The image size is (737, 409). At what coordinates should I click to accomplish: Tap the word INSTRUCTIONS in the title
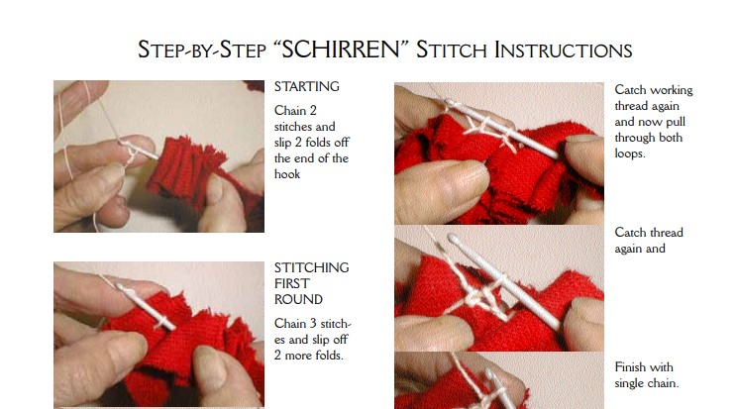563,50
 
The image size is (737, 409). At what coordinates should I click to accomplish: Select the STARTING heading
306,86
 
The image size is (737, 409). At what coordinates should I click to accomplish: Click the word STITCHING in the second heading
311,267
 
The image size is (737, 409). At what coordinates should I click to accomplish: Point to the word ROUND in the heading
298,299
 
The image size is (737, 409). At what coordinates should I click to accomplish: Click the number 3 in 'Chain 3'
313,324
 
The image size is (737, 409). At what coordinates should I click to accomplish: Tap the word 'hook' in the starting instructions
287,174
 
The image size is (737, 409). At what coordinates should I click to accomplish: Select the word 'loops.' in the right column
630,153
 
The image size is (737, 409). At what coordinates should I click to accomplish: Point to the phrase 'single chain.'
646,383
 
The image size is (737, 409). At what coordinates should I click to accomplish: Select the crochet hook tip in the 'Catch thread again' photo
453,239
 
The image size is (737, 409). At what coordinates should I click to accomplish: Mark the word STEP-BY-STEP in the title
202,50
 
